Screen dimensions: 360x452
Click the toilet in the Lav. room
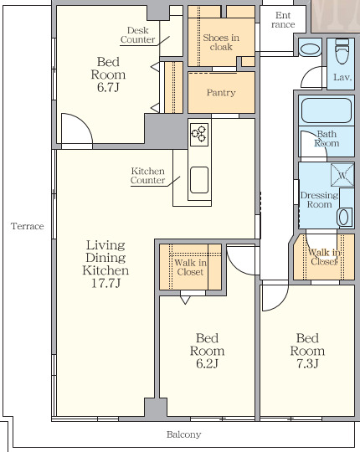pos(342,51)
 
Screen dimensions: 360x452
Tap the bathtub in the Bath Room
pos(327,110)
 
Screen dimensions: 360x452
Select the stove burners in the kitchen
pos(199,135)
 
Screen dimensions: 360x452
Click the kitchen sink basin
pos(199,180)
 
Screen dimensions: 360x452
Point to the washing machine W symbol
pos(342,175)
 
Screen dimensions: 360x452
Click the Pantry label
pos(221,93)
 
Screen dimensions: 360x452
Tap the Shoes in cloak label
pos(221,42)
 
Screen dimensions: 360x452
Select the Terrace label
pos(28,226)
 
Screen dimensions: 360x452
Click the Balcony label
pos(183,434)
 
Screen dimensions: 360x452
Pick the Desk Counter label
pos(138,35)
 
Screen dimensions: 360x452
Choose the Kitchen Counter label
pos(147,176)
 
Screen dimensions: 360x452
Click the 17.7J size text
pos(105,283)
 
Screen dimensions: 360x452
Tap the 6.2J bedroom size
pos(207,363)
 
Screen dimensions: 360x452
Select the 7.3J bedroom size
pos(307,363)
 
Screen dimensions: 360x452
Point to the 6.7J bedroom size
pos(108,87)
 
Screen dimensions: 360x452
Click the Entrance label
pos(283,19)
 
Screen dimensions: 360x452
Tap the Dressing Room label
pos(319,200)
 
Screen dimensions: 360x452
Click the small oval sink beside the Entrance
pos(310,49)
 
